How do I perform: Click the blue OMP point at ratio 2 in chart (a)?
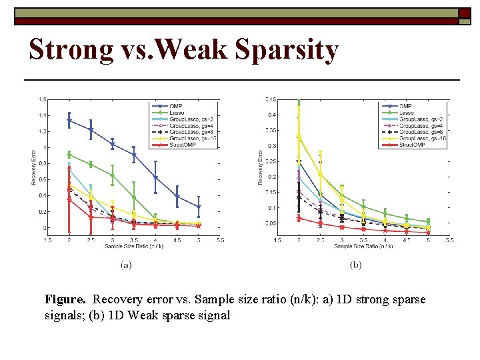tap(69, 121)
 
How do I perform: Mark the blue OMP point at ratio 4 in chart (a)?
tap(155, 178)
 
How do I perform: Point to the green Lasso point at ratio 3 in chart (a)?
tap(112, 175)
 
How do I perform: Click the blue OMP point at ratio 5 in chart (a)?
tap(199, 207)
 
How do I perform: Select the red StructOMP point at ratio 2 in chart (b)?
tap(299, 218)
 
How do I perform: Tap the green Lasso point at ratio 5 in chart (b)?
tap(428, 221)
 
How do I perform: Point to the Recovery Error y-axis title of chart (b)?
tap(261, 166)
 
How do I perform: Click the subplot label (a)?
tap(126, 265)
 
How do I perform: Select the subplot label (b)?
tap(355, 265)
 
